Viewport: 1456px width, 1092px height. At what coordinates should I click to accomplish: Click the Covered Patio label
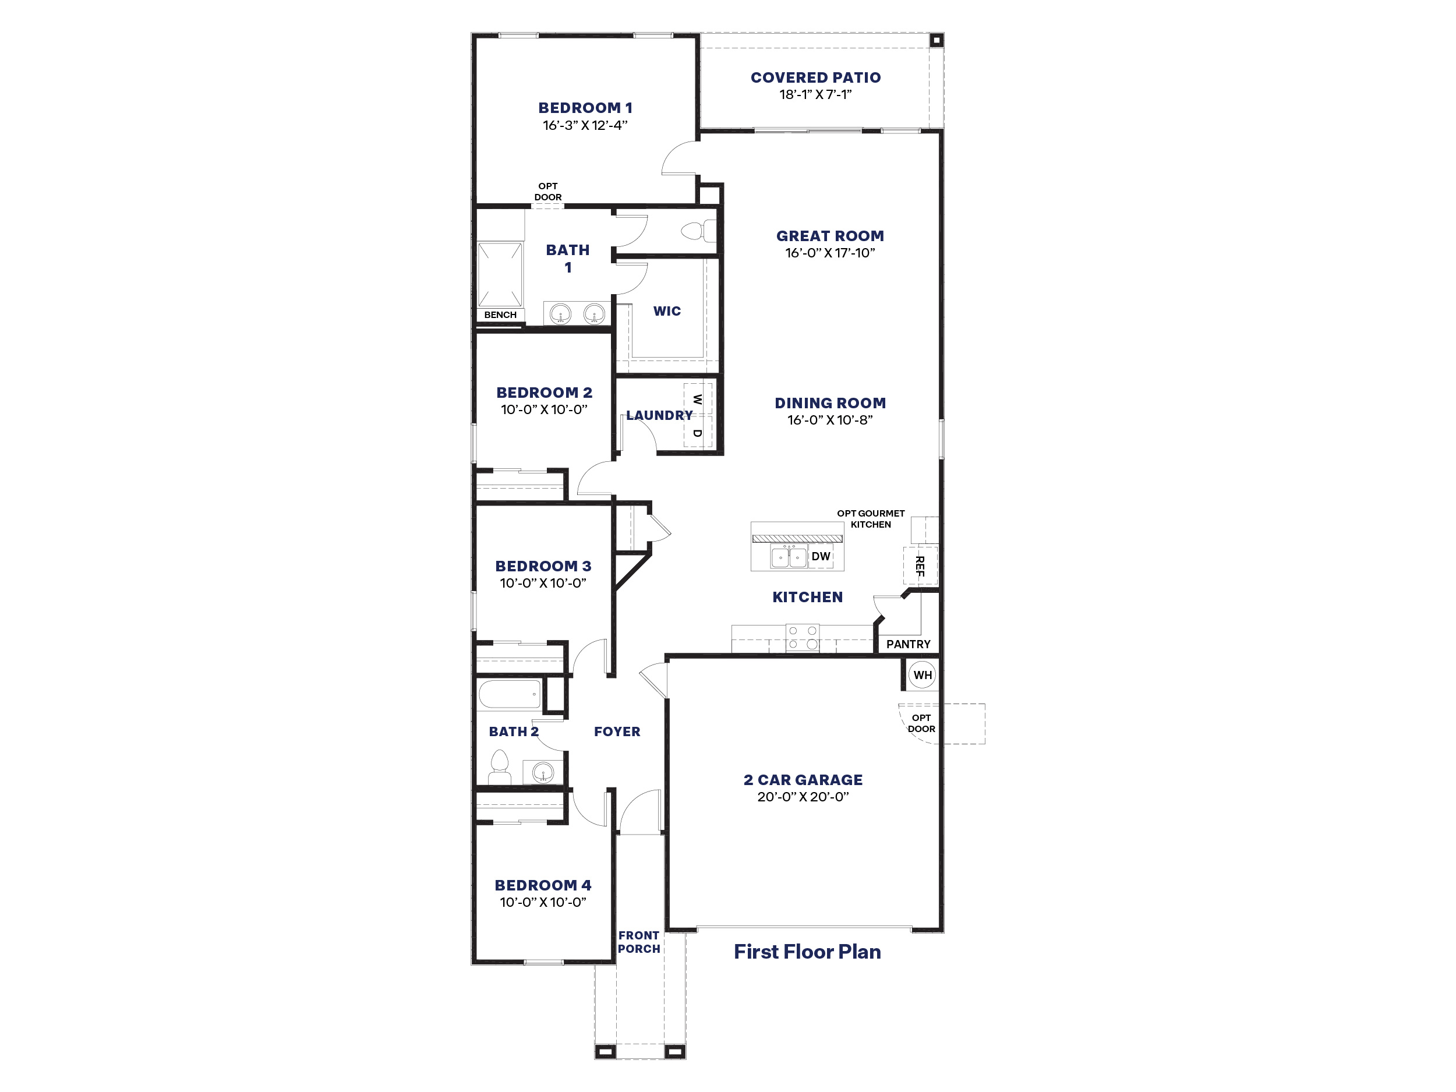(x=815, y=77)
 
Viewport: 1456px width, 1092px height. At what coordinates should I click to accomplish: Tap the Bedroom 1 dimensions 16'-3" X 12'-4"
(x=585, y=125)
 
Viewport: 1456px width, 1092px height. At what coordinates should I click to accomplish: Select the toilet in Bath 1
(x=698, y=231)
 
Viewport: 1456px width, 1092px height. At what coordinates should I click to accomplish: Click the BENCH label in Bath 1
(x=500, y=314)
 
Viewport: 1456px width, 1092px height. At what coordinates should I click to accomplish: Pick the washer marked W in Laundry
(x=698, y=399)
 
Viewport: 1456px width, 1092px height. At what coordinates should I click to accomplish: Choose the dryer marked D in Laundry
(x=698, y=433)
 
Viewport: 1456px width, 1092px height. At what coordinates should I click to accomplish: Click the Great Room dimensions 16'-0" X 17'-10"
(x=830, y=253)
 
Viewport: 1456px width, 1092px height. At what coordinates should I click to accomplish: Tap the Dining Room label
(x=830, y=403)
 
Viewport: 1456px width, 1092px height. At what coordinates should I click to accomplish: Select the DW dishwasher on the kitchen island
(x=821, y=556)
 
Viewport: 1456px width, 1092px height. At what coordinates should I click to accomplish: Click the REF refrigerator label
(x=920, y=566)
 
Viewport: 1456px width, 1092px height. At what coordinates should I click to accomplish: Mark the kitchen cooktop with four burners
(x=803, y=638)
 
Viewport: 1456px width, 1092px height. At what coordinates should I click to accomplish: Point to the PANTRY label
(x=909, y=644)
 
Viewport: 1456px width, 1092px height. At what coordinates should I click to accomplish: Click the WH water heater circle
(x=922, y=674)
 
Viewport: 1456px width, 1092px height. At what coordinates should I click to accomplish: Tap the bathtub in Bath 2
(x=510, y=694)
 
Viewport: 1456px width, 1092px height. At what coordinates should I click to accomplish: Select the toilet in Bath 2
(x=500, y=768)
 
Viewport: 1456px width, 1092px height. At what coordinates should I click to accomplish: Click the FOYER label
(x=617, y=731)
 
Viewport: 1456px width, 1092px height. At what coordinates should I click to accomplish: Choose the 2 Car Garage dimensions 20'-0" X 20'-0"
(x=803, y=797)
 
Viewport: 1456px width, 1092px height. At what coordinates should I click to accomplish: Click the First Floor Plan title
(x=807, y=951)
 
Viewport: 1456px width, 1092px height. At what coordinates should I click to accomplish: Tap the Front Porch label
(x=638, y=942)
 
